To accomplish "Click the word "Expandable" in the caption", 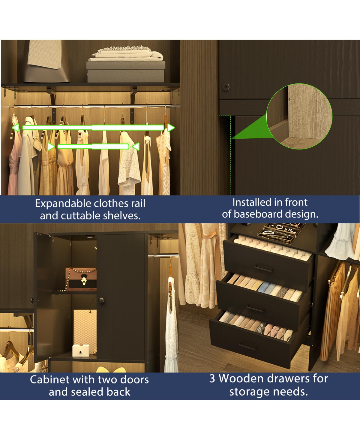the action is pos(63,203).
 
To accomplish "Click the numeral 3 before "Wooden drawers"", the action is pos(212,378).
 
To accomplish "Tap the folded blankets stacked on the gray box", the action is pos(127,53).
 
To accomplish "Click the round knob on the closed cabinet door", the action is pos(101,301).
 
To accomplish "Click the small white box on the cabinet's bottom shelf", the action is pos(81,350).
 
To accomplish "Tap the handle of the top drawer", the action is pos(264,268).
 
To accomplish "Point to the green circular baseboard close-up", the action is pos(299,116).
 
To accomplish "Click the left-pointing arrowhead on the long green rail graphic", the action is pos(16,128).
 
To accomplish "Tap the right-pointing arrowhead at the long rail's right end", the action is pos(171,128).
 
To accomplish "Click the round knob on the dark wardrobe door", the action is pos(226,87).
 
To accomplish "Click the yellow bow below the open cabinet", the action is pos(111,369).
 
